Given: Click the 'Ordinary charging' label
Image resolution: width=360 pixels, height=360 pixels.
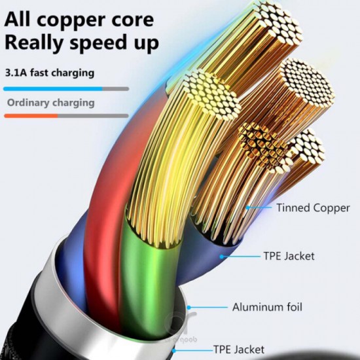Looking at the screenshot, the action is coord(51,103).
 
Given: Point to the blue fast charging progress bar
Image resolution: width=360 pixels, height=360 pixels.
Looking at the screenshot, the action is coord(53,89).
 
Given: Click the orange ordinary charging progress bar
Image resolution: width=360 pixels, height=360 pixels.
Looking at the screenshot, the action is coord(31,116).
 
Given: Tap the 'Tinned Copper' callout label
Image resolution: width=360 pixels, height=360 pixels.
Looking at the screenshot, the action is coord(313,207).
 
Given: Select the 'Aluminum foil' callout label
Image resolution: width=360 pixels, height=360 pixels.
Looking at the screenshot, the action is coord(267,307).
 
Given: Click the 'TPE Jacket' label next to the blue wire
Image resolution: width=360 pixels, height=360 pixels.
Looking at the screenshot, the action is coord(289,256).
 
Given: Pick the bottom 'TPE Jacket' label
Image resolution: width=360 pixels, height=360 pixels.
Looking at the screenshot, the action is coord(239,350).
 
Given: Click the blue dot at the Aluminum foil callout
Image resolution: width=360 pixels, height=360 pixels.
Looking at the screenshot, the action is coord(189,308).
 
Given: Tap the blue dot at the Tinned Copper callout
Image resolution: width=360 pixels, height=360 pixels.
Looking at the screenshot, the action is coord(247,207).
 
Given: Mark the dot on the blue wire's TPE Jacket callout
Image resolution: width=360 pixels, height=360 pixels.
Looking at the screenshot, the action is coord(221,257).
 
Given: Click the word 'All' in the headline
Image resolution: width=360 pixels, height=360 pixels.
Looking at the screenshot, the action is coord(17,20).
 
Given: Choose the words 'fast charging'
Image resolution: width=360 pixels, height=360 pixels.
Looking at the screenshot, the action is coord(62,73).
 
